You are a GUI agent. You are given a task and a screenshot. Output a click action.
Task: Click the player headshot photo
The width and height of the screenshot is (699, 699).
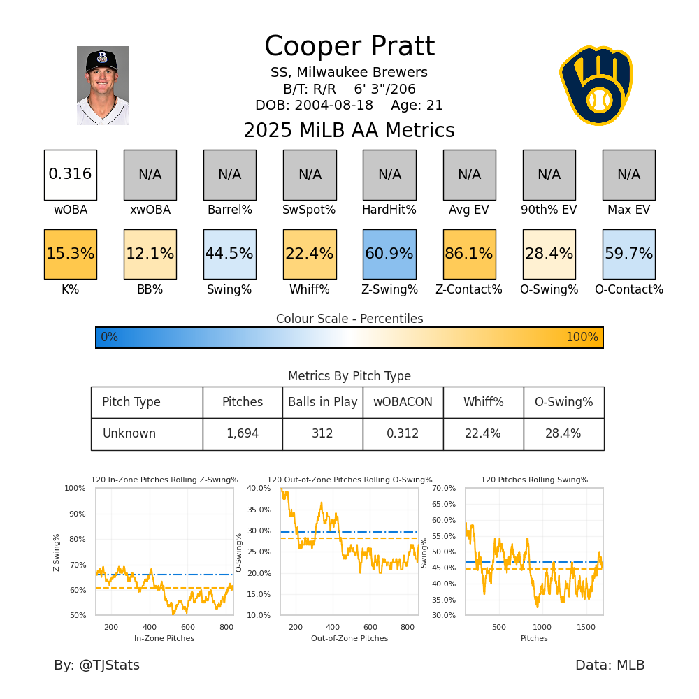[x=103, y=85]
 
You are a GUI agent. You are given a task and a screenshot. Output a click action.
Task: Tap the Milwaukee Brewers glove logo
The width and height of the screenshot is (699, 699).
[x=596, y=85]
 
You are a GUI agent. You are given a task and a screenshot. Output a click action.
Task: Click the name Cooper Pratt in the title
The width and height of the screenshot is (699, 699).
[x=349, y=47]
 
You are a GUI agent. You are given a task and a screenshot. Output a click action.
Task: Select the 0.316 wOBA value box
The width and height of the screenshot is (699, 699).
[x=70, y=175]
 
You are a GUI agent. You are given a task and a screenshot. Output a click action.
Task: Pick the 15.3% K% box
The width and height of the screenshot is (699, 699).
[x=70, y=254]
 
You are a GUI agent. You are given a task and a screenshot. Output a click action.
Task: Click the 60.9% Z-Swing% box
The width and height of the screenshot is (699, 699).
[x=389, y=254]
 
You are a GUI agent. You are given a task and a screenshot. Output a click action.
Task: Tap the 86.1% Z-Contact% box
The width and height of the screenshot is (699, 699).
[x=469, y=254]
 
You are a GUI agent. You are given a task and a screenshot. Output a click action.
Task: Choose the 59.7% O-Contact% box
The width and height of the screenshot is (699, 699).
[x=628, y=254]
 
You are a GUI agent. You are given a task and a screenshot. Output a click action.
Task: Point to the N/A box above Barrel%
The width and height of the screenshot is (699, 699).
[x=229, y=175]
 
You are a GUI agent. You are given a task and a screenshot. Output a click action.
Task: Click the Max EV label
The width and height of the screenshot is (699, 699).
[x=628, y=210]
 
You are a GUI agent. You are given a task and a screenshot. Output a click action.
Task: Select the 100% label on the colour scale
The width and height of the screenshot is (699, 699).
[x=582, y=338]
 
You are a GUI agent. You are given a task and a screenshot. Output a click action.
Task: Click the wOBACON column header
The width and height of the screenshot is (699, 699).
[x=403, y=403]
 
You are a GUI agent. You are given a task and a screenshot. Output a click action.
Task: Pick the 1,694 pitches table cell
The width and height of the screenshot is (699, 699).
[x=243, y=434]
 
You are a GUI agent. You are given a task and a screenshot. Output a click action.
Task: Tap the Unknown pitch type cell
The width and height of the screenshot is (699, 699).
[x=129, y=434]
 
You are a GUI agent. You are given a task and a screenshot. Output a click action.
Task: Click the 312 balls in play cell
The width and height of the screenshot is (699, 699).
[x=322, y=434]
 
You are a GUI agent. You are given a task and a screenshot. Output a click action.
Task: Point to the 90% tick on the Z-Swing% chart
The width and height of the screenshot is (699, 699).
[x=75, y=514]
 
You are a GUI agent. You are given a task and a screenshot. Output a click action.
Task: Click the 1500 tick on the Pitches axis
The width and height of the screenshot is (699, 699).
[x=585, y=627]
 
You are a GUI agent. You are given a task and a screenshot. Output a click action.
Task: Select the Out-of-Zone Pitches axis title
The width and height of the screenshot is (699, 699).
[x=349, y=638]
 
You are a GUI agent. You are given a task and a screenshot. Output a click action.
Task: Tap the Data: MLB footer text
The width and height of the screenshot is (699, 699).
[x=610, y=665]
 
